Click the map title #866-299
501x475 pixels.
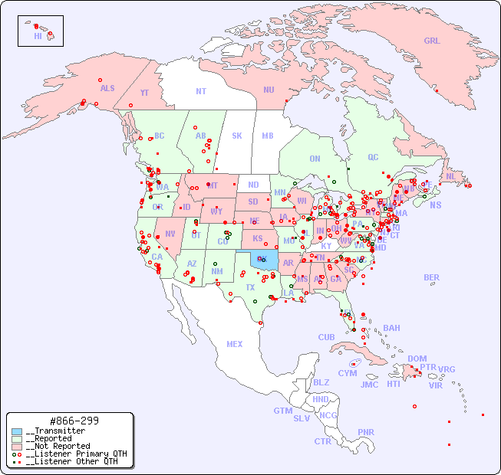click(73, 421)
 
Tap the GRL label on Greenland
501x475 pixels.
click(432, 41)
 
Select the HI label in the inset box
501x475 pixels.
click(38, 36)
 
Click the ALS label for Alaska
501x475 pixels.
click(107, 88)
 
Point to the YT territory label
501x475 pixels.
click(144, 93)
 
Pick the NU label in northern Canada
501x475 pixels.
click(269, 90)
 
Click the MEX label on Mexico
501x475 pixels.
click(235, 344)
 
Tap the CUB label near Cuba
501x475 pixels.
click(326, 337)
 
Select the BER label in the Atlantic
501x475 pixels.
click(431, 277)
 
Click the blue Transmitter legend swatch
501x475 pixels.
click(17, 431)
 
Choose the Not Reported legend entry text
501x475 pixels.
click(58, 446)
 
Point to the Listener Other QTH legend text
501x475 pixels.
click(74, 461)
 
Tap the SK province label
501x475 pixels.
click(237, 136)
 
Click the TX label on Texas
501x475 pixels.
click(250, 287)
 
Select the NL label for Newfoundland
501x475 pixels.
click(450, 176)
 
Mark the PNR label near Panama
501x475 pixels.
click(366, 432)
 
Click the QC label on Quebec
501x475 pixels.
click(373, 157)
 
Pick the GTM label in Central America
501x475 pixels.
click(282, 411)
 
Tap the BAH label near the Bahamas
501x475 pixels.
click(391, 328)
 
